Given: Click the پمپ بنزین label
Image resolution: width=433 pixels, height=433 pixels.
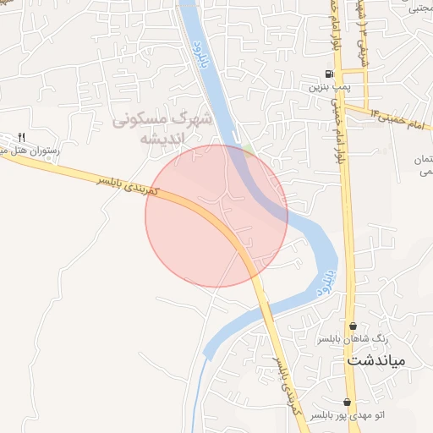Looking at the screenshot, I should (327, 86).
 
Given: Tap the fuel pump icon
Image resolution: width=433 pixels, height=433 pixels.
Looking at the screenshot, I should (328, 74).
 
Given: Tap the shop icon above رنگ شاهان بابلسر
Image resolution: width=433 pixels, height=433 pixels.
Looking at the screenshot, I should (353, 326).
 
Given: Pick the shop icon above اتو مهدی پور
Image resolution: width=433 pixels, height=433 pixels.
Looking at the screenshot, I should (347, 402).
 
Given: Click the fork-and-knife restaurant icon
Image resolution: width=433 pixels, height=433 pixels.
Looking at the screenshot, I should (22, 137).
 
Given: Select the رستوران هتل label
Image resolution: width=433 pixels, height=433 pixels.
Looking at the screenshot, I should (25, 150).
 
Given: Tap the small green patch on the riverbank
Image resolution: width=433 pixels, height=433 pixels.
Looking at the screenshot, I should (247, 150).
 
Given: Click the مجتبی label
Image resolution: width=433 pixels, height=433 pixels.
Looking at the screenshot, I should (419, 9).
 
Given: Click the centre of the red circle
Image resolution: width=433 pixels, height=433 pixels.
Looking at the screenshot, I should (216, 216).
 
